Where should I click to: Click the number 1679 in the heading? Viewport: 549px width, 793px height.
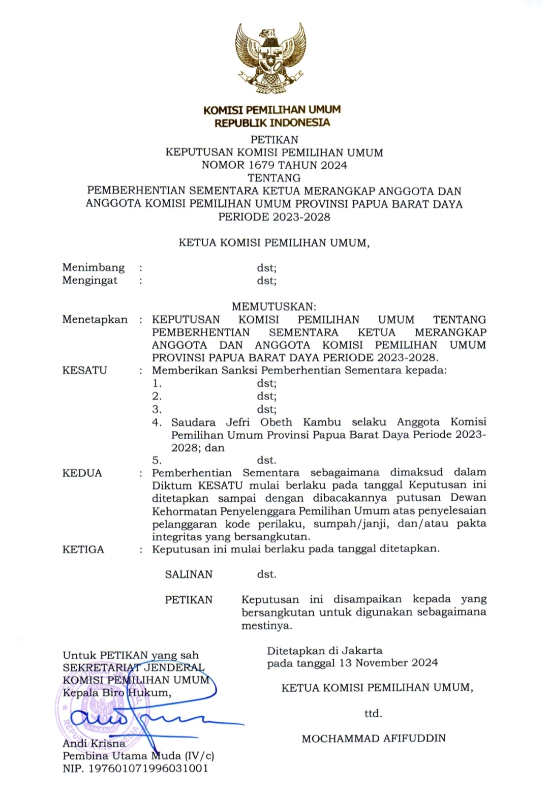point(261,165)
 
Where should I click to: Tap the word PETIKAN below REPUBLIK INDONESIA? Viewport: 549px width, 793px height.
point(274,139)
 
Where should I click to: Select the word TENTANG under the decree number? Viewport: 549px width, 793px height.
point(274,178)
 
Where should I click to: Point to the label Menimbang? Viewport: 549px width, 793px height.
point(93,267)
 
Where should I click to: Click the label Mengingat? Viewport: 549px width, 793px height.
point(89,280)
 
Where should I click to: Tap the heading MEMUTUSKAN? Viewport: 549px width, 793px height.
point(274,307)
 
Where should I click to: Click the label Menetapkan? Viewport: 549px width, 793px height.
point(95,319)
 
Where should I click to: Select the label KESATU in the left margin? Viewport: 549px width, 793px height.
point(84,370)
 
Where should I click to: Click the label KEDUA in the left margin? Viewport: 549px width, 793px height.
point(82,473)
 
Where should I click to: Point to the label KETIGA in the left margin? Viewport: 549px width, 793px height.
point(83,549)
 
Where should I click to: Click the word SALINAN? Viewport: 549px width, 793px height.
point(189,574)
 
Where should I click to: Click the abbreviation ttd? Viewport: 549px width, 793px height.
point(373,714)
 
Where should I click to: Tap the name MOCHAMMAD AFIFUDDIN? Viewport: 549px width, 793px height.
point(373,738)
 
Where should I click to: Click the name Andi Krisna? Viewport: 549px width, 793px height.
point(94,743)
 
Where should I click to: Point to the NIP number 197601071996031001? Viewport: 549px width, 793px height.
point(148,768)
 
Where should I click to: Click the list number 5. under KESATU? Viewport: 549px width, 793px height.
point(157,460)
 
